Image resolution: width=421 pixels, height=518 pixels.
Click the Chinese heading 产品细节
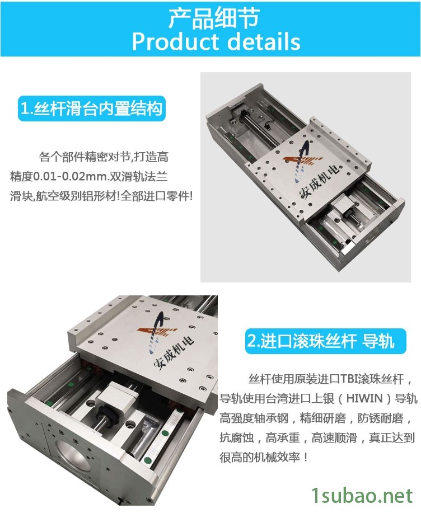point(214,18)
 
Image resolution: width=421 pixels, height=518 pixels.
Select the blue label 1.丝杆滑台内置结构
point(92,109)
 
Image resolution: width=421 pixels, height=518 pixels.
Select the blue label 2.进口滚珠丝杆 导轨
point(325,341)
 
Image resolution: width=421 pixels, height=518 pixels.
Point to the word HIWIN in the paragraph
point(364,398)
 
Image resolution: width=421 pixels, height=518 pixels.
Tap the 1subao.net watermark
point(362,496)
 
